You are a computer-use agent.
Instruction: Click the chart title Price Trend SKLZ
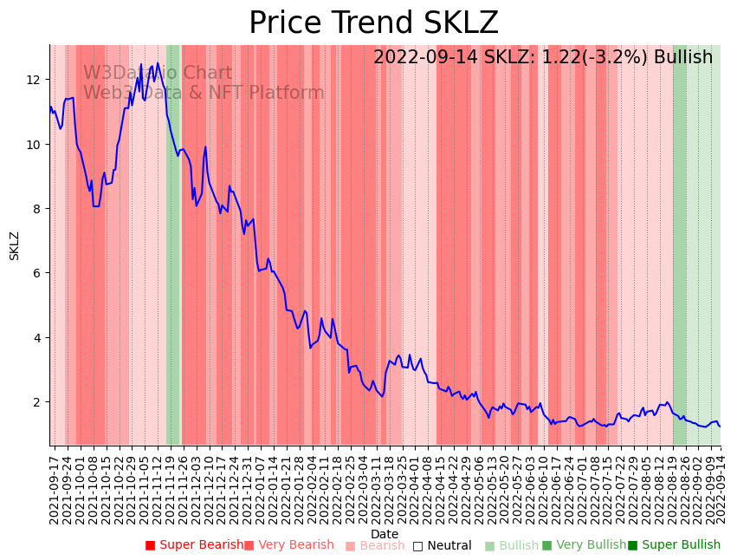coord(373,23)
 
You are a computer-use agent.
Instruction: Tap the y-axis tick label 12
coord(34,80)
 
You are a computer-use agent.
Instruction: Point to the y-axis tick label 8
coord(37,209)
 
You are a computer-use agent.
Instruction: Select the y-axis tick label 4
coord(37,338)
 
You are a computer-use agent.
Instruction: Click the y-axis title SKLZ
coord(14,245)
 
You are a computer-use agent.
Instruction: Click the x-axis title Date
coord(385,534)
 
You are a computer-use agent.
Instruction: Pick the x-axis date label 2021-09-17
coord(54,485)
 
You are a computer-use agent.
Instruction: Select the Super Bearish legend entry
coord(195,545)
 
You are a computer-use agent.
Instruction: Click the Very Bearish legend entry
coord(288,545)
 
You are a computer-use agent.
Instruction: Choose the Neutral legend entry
coord(442,545)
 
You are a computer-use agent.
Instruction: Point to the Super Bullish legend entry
coord(674,545)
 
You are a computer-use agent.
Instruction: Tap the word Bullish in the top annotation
coord(683,57)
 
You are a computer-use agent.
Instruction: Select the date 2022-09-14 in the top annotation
coord(421,57)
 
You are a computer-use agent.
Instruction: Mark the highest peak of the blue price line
coord(141,64)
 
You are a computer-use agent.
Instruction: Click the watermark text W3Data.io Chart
coord(158,73)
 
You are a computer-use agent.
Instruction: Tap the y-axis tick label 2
coord(37,402)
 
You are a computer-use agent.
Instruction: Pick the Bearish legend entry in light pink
coord(375,545)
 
